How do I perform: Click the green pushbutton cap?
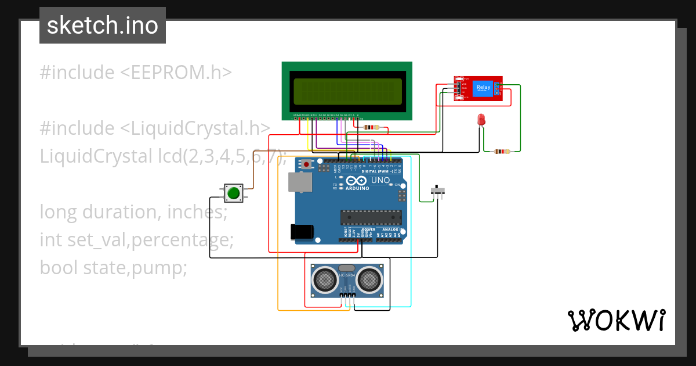point(234,193)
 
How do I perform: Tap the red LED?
point(481,120)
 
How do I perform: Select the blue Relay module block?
point(483,88)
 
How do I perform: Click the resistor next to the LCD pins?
point(369,127)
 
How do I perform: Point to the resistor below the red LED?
point(502,152)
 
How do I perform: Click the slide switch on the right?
point(438,190)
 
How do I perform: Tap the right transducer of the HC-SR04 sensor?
point(369,280)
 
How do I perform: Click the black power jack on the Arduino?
point(302,232)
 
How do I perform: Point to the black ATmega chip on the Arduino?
point(371,217)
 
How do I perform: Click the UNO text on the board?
point(380,180)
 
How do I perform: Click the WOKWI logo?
point(616,320)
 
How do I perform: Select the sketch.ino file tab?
point(103,26)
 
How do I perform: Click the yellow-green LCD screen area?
point(347,92)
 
